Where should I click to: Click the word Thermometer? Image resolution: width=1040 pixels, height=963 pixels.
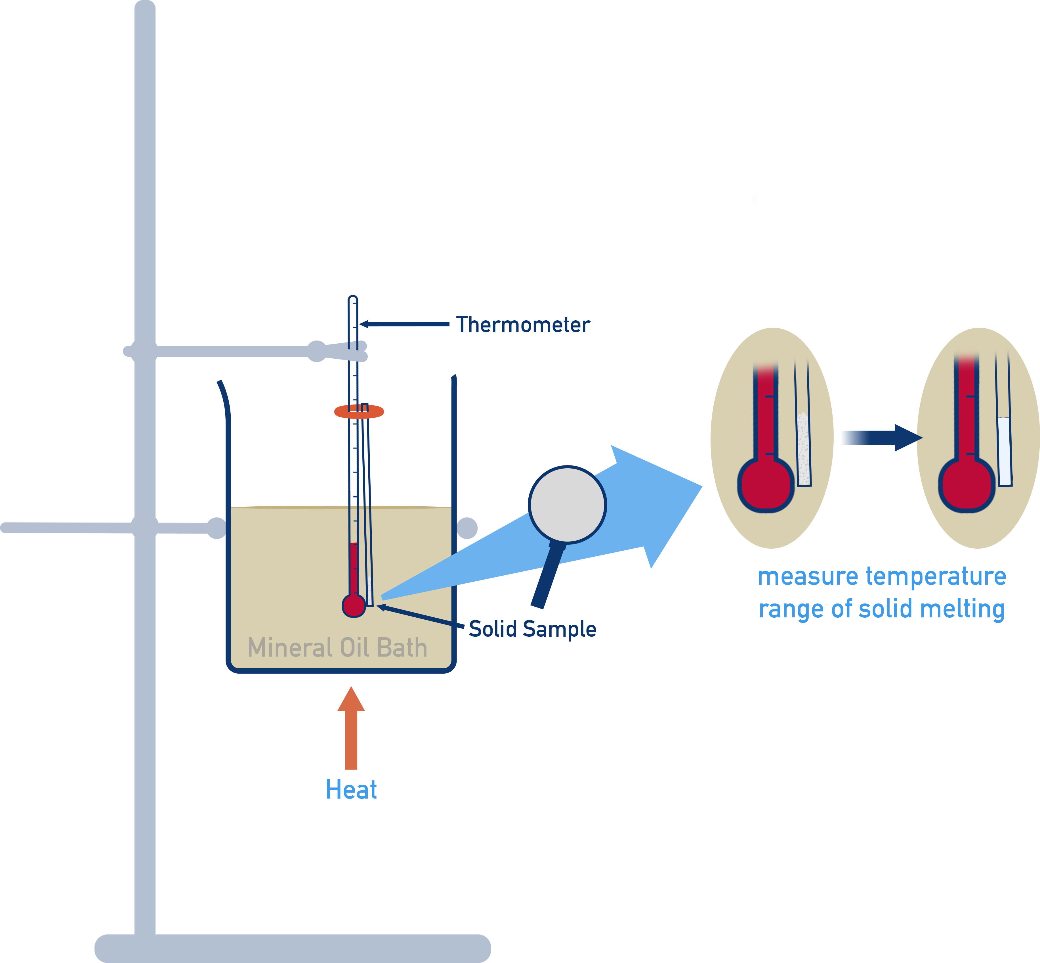pos(523,325)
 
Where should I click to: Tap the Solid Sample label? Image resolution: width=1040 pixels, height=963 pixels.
pos(532,629)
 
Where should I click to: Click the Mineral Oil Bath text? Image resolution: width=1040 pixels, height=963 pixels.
pos(337,648)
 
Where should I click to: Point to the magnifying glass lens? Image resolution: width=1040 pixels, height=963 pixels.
pos(567,504)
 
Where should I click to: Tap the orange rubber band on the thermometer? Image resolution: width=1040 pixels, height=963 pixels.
pos(359,412)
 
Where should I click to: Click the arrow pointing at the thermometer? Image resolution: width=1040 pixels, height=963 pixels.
pos(404,324)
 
